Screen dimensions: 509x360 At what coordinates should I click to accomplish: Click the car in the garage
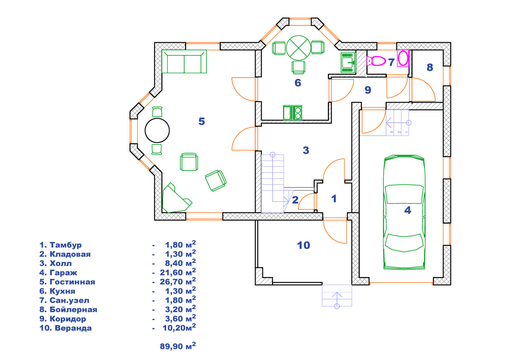pos(404,212)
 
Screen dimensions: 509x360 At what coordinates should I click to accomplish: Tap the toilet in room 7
pos(376,61)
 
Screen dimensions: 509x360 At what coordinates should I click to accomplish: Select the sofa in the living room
pos(184,61)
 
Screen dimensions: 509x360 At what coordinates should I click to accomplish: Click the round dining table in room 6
pos(298,48)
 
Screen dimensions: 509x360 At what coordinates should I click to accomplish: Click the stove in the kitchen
pos(292,112)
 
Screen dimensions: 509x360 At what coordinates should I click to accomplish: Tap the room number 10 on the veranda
pos(303,245)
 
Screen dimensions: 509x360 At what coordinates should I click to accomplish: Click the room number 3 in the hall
pos(306,150)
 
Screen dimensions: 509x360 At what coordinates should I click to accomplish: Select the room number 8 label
pos(430,67)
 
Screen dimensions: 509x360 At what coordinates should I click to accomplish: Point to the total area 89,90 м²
pos(178,346)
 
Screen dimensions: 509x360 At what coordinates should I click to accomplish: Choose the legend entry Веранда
pos(73,328)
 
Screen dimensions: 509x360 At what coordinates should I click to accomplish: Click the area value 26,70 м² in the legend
pos(178,281)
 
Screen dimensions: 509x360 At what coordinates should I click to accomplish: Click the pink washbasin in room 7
pos(403,59)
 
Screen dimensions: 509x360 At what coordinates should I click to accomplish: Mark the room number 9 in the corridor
pos(368,90)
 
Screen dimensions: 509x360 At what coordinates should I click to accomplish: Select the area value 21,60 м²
pos(178,272)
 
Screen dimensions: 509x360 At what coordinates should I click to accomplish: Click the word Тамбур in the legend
pos(65,245)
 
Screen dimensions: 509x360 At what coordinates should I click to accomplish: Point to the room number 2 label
pos(295,200)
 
